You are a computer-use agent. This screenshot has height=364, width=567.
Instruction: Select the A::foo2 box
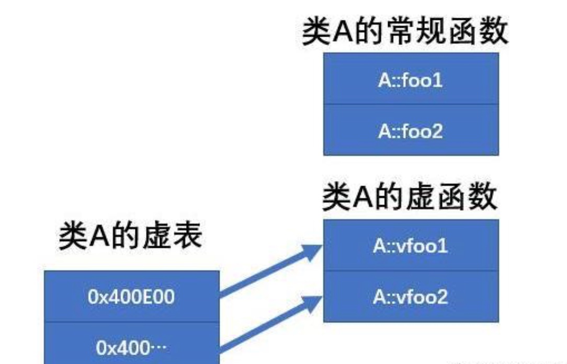click(x=411, y=130)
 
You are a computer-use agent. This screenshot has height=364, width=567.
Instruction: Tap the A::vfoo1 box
click(x=411, y=245)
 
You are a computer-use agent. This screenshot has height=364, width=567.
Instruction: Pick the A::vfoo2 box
click(x=411, y=297)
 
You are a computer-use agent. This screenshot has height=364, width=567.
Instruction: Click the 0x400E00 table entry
click(x=131, y=297)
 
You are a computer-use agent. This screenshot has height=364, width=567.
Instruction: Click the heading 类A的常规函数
click(x=405, y=32)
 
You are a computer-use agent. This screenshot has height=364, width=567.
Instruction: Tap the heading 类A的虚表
click(x=130, y=236)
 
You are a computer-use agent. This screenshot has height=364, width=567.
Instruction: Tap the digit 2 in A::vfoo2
click(x=442, y=297)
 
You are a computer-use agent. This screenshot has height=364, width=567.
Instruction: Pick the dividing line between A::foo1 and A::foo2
click(x=411, y=104)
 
